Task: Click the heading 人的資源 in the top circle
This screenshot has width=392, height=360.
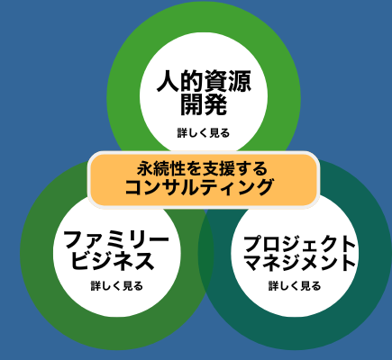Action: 204,81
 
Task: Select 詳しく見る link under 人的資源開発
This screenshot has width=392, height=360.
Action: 204,133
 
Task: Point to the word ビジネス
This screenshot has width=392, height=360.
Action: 113,261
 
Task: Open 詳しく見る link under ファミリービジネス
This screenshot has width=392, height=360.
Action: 117,286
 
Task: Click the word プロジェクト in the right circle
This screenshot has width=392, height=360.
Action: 299,244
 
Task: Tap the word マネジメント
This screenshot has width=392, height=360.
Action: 299,263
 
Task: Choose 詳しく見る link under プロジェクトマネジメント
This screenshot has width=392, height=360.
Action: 295,286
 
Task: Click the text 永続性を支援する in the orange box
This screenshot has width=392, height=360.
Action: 202,168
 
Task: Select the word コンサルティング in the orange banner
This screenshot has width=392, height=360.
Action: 199,187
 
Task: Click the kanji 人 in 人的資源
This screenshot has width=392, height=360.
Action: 169,81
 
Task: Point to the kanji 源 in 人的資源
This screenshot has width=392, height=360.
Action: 240,81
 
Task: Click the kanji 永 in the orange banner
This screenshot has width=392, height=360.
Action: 145,168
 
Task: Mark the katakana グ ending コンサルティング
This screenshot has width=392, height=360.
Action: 264,187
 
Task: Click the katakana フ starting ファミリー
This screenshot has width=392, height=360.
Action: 73,240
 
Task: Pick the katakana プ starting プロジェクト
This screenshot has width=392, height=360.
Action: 251,244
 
